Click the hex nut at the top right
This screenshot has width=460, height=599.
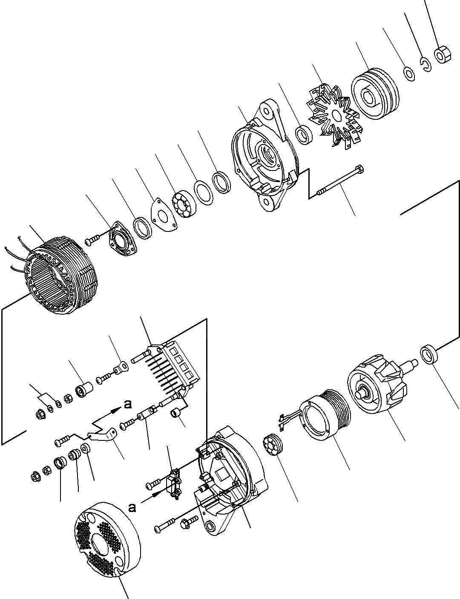pos(442,55)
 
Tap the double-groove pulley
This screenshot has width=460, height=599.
pos(374,97)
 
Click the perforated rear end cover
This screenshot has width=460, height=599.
pos(106,539)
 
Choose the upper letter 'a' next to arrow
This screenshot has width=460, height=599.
pos(127,405)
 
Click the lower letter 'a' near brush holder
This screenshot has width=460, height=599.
pos(133,507)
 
